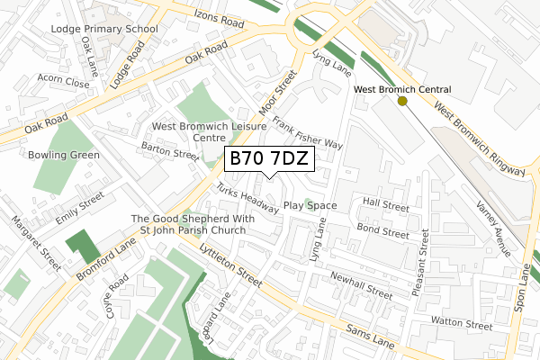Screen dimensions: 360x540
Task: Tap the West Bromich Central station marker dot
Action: [x=401, y=102]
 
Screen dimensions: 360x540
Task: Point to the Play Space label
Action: [x=310, y=205]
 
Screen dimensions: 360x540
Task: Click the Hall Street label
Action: [x=385, y=203]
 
